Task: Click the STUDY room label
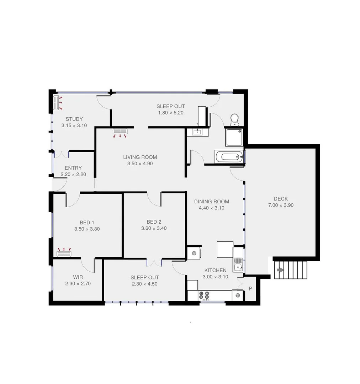tap(74, 119)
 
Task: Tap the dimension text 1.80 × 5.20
tap(171, 113)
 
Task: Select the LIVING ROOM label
tap(140, 157)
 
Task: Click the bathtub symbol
tap(229, 156)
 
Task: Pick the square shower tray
tap(234, 137)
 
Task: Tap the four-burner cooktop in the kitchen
tap(204, 295)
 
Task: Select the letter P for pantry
tap(250, 289)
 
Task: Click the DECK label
tap(281, 199)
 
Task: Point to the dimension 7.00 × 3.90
tap(281, 205)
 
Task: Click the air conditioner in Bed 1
tap(64, 254)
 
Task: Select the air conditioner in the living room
tap(120, 132)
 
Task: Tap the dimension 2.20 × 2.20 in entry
tap(73, 175)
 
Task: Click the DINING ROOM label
tap(211, 202)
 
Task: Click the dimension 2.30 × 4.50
tap(144, 284)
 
